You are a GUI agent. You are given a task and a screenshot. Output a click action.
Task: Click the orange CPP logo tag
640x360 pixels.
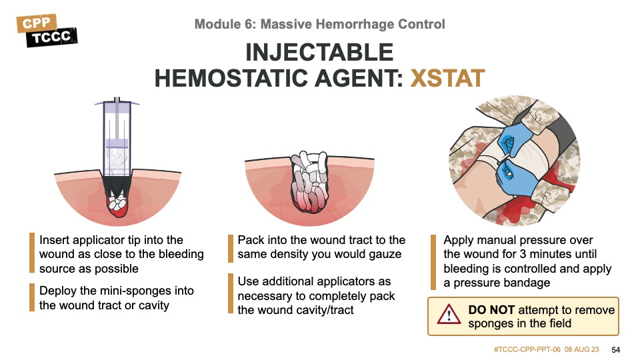pos(37,23)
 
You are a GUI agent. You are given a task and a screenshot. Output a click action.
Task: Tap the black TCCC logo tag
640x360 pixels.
pos(52,37)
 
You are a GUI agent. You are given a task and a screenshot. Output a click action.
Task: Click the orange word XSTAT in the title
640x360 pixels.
pos(447,78)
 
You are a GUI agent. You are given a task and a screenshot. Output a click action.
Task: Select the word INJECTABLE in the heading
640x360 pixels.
pos(319,52)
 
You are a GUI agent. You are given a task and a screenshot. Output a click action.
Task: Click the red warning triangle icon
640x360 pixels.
pos(449,315)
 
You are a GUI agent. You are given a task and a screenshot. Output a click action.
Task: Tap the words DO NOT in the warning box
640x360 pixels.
pos(491,310)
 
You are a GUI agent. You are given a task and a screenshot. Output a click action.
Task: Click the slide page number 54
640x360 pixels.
pos(616,350)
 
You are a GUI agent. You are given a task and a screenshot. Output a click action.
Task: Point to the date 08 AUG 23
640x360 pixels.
pos(582,349)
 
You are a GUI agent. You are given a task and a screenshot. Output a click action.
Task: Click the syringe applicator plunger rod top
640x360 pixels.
pos(117,99)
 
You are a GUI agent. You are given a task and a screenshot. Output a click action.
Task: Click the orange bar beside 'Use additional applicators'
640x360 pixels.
pos(231,293)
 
